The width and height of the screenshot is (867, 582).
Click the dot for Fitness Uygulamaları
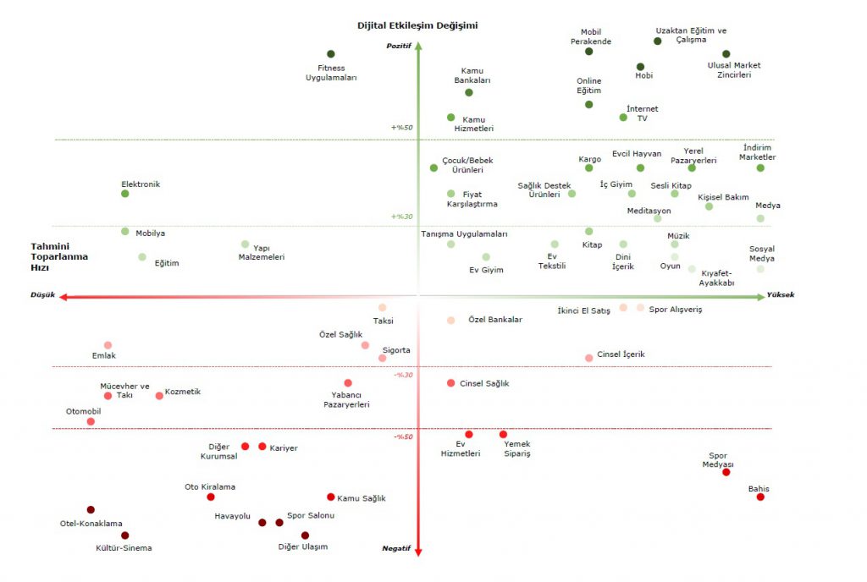click(x=331, y=54)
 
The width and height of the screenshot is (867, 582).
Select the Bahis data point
click(x=760, y=497)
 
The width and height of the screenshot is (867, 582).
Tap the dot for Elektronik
click(x=125, y=194)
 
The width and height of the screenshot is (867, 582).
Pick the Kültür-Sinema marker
click(x=125, y=535)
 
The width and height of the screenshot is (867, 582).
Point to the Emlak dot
click(x=108, y=345)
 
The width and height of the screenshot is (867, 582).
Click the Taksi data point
click(x=383, y=308)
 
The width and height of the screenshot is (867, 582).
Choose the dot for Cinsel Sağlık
click(x=450, y=383)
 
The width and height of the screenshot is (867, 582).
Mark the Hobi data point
click(x=640, y=67)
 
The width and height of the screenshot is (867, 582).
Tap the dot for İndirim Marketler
click(x=760, y=167)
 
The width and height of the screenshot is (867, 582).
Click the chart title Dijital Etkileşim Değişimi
click(x=417, y=25)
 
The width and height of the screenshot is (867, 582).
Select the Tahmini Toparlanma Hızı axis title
click(x=59, y=256)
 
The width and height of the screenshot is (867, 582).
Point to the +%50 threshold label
click(x=401, y=128)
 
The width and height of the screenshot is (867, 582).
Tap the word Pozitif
click(x=399, y=46)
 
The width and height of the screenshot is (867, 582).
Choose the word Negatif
click(x=396, y=548)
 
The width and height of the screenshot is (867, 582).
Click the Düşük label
click(x=42, y=295)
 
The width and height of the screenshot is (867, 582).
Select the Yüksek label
click(x=781, y=295)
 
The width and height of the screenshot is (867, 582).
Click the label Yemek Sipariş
click(x=516, y=448)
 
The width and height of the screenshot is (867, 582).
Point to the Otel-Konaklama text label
click(x=91, y=524)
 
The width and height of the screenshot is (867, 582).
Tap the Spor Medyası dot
click(x=726, y=472)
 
